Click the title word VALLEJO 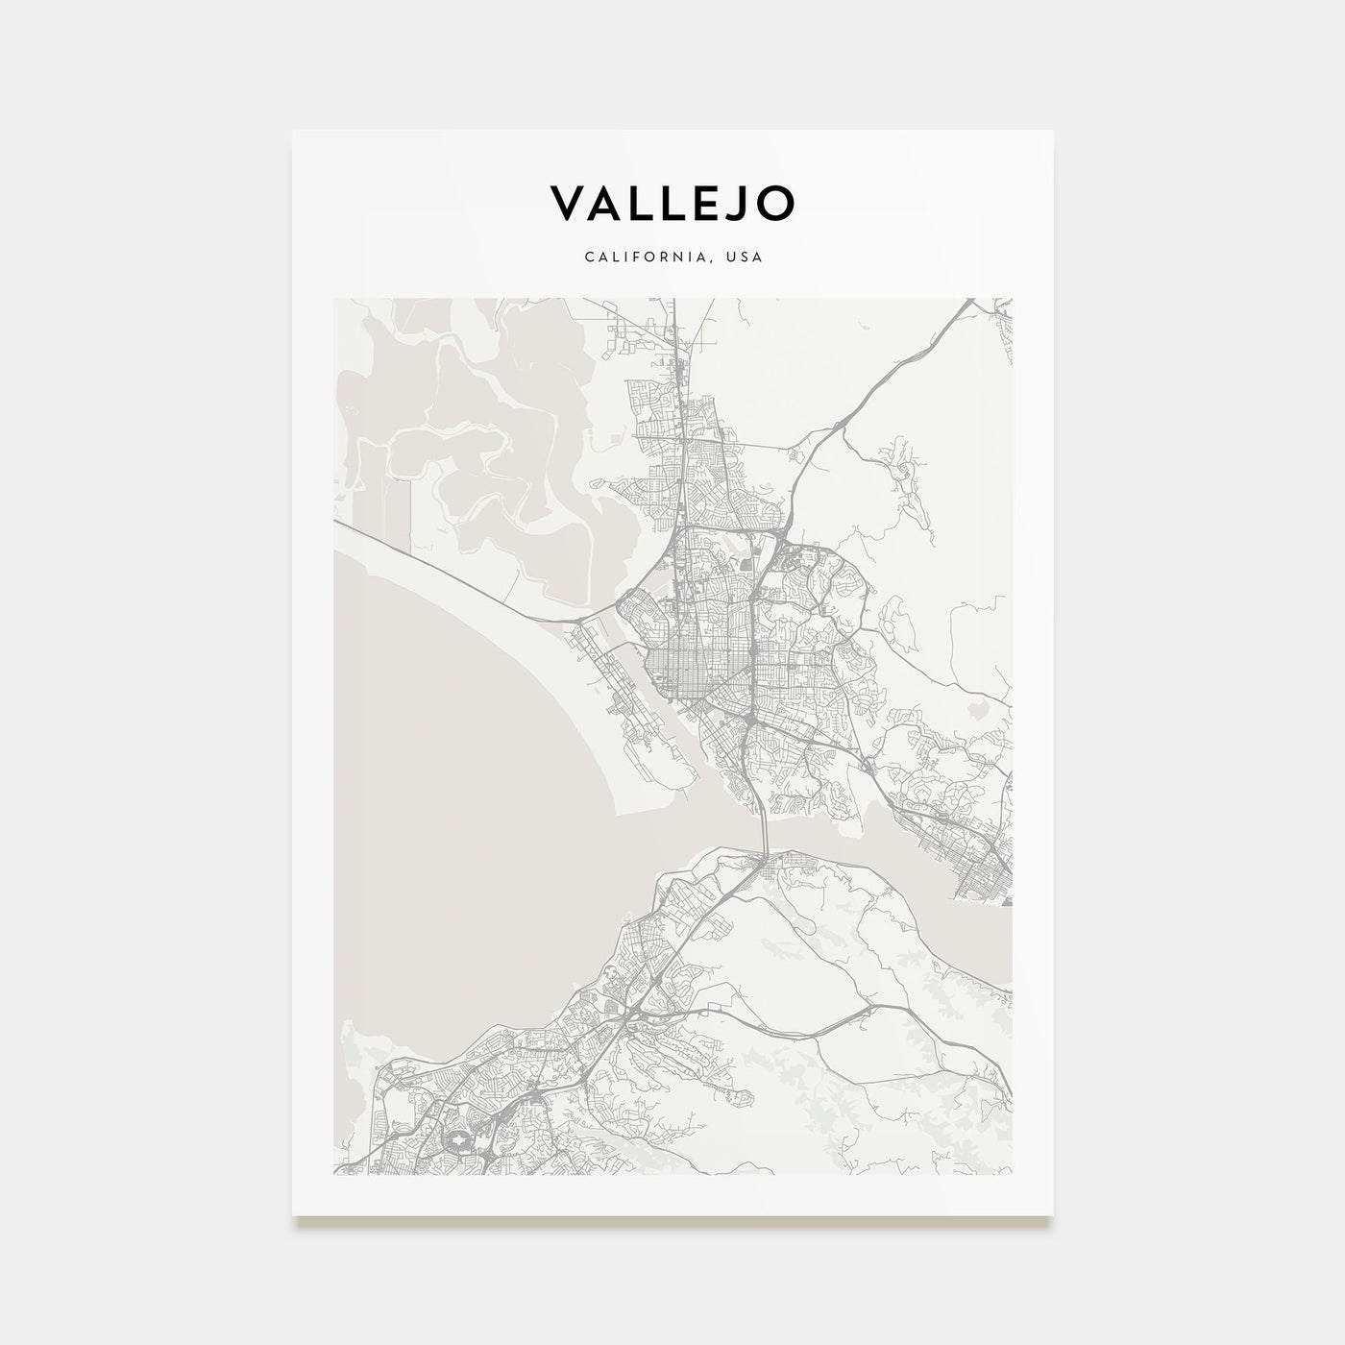(672, 203)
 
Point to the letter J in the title (738, 203)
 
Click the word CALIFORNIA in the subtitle (640, 257)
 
